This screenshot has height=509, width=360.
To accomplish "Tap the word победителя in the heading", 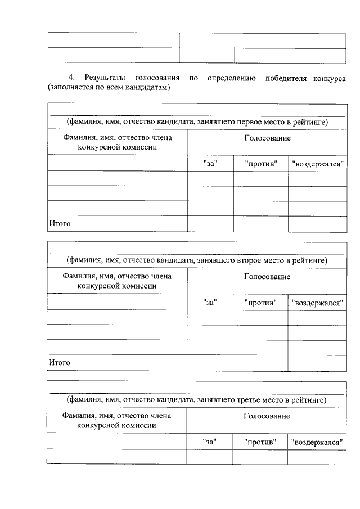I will (285, 77).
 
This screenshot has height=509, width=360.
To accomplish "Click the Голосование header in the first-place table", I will (267, 138).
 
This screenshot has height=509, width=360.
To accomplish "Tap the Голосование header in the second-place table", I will (267, 277).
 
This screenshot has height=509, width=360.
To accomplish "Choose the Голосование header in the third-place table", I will (267, 416).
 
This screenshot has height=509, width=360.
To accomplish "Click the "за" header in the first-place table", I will (210, 164).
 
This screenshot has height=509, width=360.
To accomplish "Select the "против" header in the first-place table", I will (262, 164).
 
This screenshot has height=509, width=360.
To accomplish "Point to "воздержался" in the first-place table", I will (318, 164).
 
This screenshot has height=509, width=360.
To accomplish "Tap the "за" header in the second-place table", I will (210, 303).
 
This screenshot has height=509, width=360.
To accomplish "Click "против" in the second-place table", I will (261, 303).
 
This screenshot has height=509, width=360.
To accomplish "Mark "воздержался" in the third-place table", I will (317, 442).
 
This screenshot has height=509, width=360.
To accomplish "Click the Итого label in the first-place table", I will (60, 224).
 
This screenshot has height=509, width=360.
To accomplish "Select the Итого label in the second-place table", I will (60, 363).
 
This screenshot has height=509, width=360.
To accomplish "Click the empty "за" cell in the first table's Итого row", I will (210, 224).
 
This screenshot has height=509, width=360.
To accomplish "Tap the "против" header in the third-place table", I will (261, 442).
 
